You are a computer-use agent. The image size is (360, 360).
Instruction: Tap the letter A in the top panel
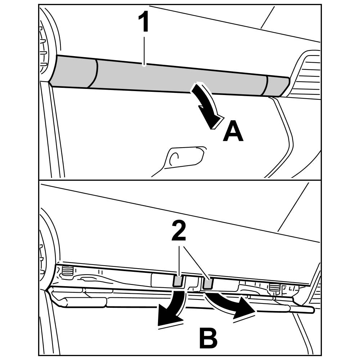(233, 132)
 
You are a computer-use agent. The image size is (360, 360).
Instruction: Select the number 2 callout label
(179, 232)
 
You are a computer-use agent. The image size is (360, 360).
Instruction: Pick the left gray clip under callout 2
(178, 281)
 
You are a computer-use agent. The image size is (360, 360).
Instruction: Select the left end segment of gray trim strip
(74, 72)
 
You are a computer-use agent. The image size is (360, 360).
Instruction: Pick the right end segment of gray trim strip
(277, 86)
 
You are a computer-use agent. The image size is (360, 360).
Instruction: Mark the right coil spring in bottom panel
(274, 287)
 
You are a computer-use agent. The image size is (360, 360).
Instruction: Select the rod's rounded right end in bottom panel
(312, 310)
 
